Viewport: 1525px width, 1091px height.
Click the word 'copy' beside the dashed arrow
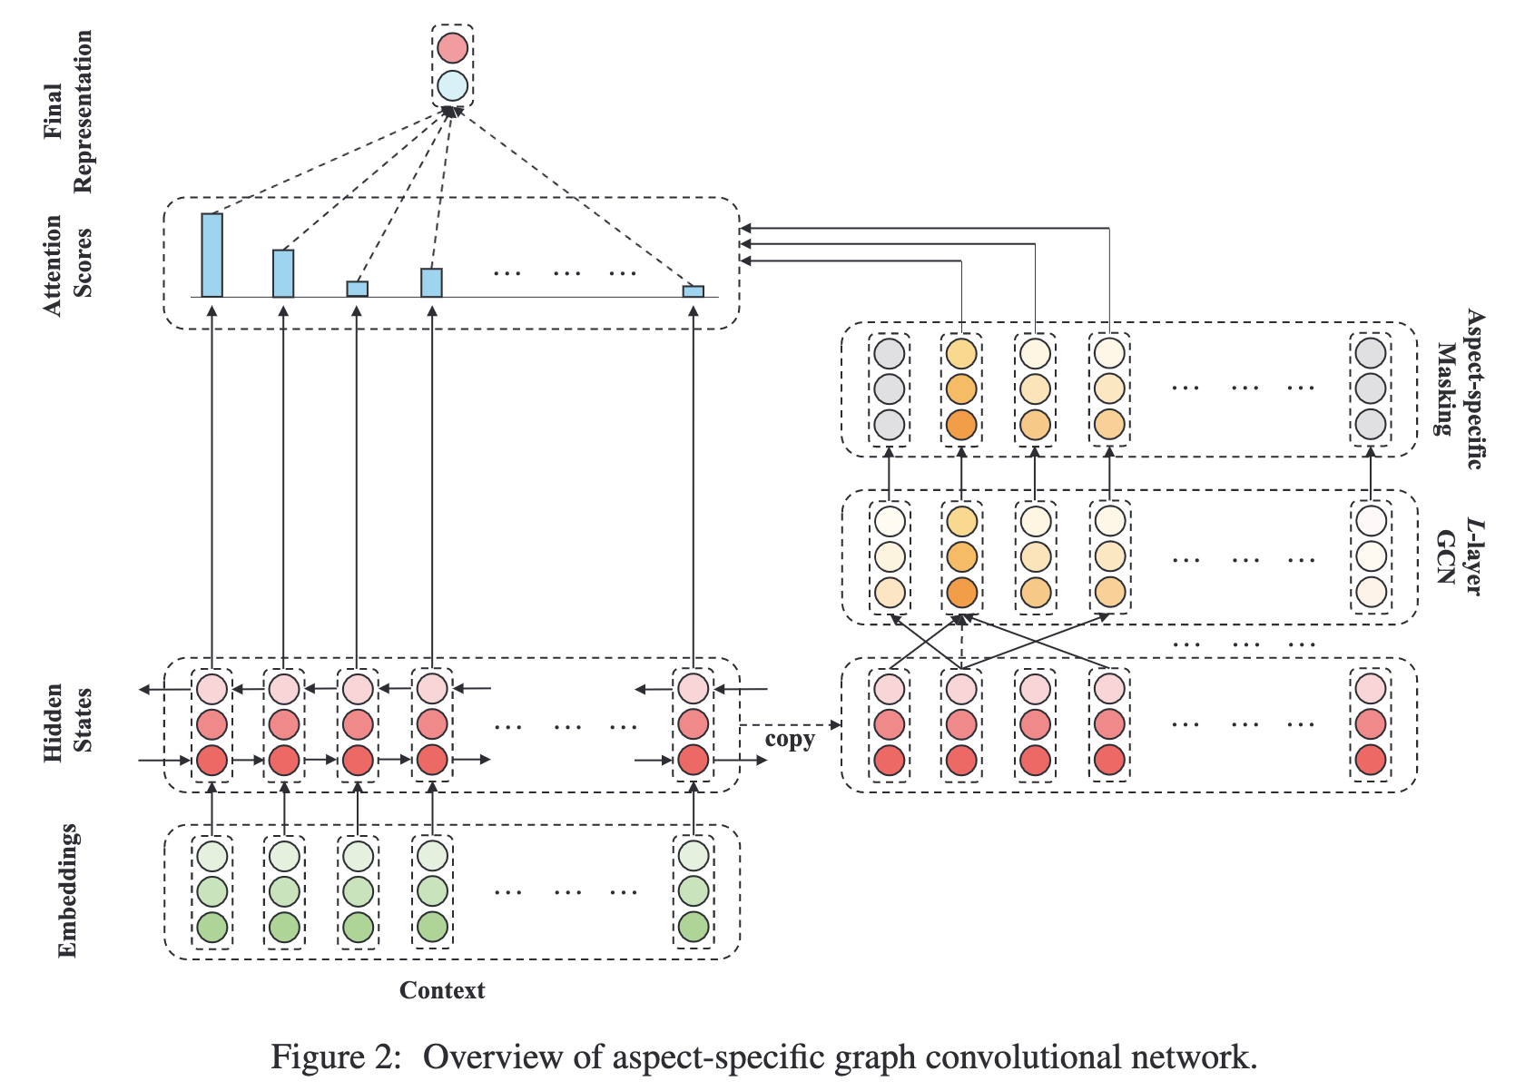click(x=789, y=739)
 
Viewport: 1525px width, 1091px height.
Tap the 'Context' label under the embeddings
click(x=442, y=990)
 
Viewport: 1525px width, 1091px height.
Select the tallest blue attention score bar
click(x=212, y=255)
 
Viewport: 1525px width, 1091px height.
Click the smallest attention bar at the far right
click(x=694, y=291)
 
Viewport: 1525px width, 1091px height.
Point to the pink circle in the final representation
click(x=452, y=48)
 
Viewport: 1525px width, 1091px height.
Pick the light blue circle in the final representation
click(x=452, y=86)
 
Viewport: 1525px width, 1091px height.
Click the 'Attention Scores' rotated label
click(x=67, y=264)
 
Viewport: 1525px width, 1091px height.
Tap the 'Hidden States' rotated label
click(x=67, y=722)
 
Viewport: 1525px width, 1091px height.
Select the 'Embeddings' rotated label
click(x=67, y=890)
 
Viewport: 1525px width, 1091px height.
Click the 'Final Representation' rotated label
click(x=67, y=111)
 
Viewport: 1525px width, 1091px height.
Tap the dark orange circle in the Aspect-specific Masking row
click(x=961, y=425)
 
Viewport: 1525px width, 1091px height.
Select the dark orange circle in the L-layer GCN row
click(x=961, y=593)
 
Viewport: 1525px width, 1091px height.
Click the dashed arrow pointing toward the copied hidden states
click(x=790, y=724)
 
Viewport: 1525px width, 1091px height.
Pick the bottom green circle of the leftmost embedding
click(x=212, y=927)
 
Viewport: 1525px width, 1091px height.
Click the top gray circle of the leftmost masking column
click(x=890, y=353)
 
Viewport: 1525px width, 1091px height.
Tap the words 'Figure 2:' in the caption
click(x=336, y=1057)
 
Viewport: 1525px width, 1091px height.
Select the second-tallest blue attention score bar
click(x=283, y=273)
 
